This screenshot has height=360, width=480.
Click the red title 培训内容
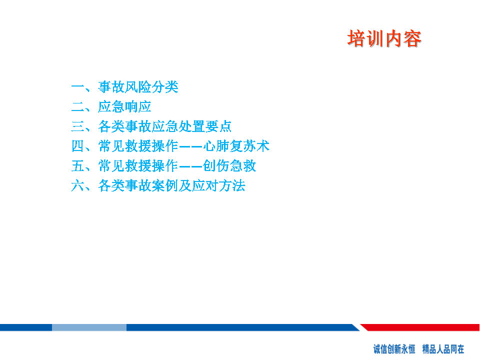pos(384,39)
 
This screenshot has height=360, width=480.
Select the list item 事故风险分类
pos(138,87)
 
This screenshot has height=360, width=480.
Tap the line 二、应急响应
pos(111,106)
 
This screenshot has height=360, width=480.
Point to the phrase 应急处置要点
pos(191,126)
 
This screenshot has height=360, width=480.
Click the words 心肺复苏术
pos(236,146)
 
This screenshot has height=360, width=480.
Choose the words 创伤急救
pos(229,166)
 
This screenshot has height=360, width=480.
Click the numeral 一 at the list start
pos(78,87)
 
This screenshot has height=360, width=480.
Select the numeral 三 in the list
pos(78,126)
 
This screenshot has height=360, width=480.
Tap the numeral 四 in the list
pos(78,146)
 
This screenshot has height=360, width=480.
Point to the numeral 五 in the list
pos(78,166)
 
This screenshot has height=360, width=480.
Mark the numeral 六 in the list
pos(78,185)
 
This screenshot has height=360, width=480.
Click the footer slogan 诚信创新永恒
pos(394,349)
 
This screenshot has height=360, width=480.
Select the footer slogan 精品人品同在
pos(443,349)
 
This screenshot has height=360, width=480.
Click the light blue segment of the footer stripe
pos(89,327)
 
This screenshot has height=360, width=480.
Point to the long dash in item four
pos(190,146)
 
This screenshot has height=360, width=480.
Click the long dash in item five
pos(190,166)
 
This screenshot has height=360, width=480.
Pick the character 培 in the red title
pos(356,39)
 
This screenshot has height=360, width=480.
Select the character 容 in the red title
pos(412,39)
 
